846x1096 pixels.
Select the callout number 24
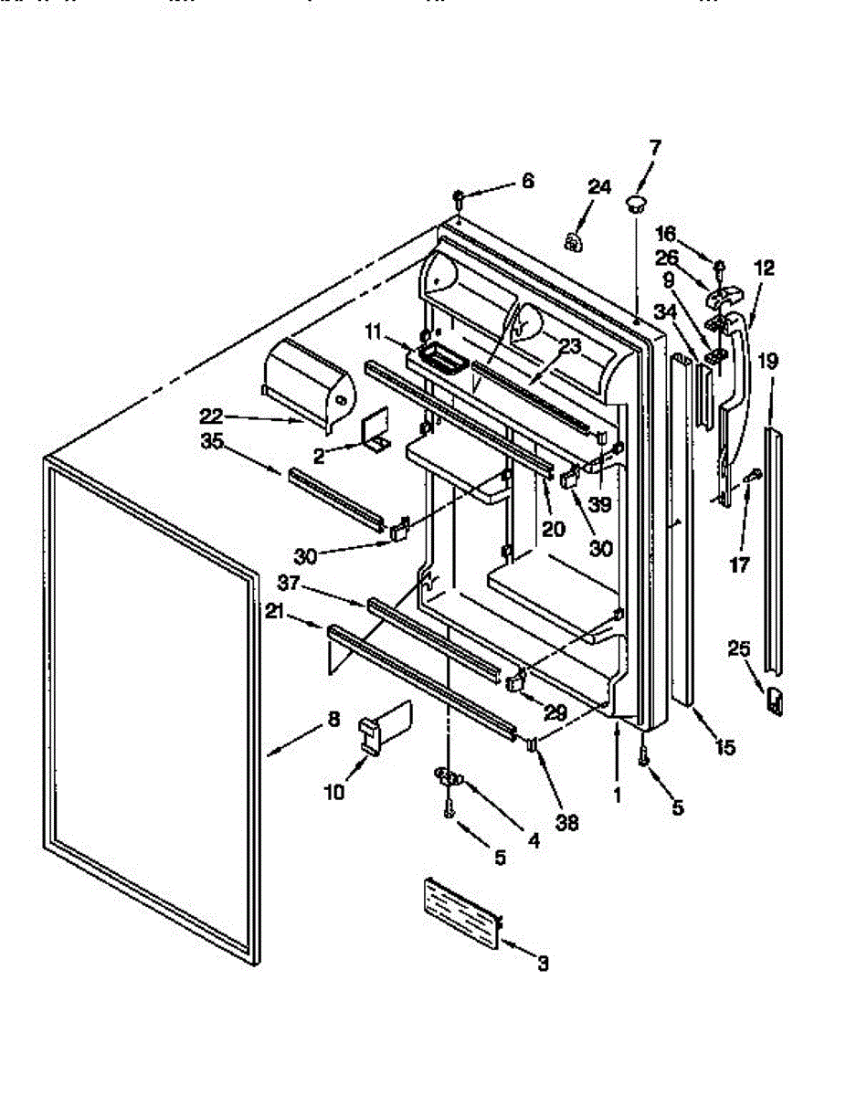point(598,188)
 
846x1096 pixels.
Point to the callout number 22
point(211,416)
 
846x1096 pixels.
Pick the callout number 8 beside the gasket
point(334,720)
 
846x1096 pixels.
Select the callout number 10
point(334,792)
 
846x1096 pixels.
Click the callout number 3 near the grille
point(544,963)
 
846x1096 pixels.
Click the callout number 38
point(567,821)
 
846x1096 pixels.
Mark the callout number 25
point(739,649)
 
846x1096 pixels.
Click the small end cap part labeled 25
point(775,700)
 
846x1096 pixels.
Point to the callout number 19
point(767,361)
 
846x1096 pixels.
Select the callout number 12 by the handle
point(764,269)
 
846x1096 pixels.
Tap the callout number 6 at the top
point(528,181)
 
